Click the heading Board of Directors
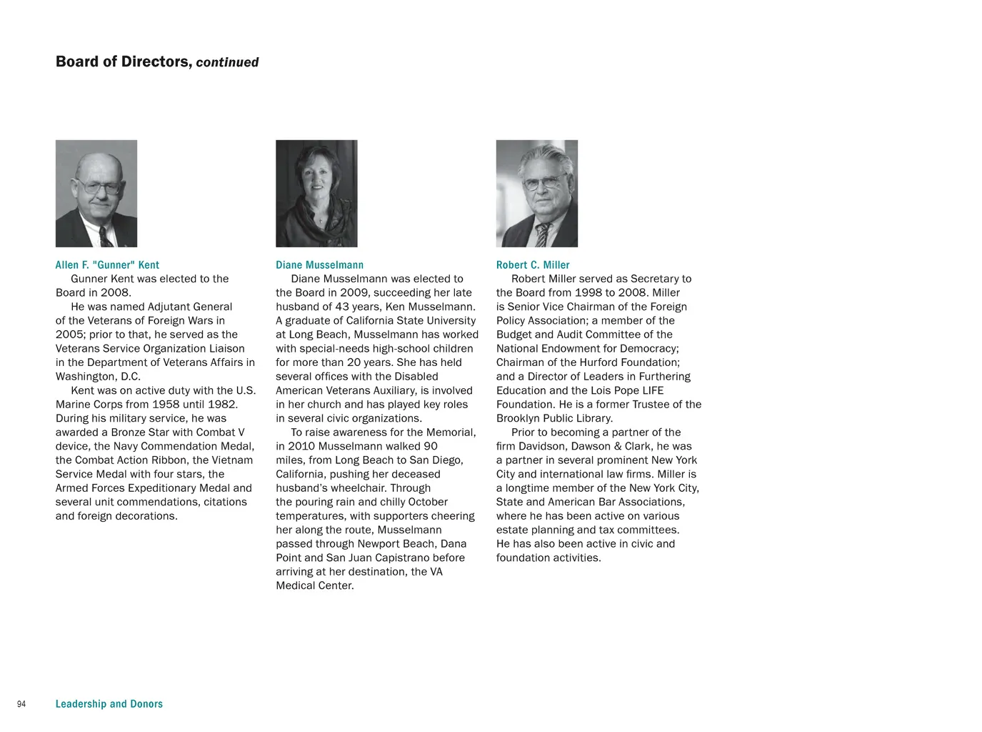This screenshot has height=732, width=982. pos(122,62)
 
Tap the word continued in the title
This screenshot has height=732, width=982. pos(227,63)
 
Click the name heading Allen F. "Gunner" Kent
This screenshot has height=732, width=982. pos(107,265)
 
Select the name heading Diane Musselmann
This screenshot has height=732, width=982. pos(319,265)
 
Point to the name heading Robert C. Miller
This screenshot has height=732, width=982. pos(533,265)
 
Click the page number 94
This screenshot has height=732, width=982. pos(21,705)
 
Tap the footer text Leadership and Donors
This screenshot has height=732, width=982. pos(109,704)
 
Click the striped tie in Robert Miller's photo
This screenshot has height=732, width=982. pos(542,234)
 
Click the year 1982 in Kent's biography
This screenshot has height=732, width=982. pos(222,405)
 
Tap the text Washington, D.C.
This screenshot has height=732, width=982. pos(98,377)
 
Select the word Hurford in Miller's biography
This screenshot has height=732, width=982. pos(601,362)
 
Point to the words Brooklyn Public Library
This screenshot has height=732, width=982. pos(553,418)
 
